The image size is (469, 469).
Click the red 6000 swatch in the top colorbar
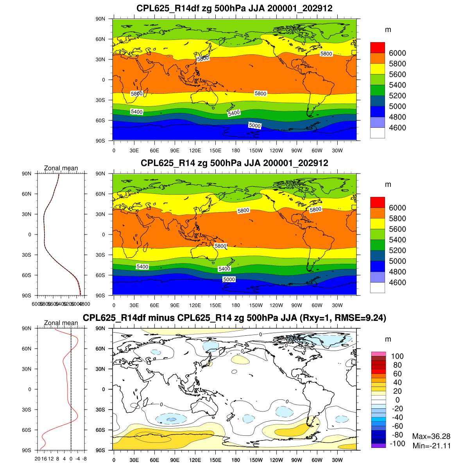(377, 47)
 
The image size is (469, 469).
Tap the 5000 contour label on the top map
(255, 125)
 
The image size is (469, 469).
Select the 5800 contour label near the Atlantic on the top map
(326, 54)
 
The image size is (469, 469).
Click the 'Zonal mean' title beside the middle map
(61, 168)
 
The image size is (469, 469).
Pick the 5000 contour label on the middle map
(229, 279)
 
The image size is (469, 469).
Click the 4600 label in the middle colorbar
(397, 283)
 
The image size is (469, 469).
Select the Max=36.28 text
(431, 436)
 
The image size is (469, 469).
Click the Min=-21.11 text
(431, 446)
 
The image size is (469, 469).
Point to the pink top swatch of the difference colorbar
(378, 354)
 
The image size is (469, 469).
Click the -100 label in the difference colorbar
(397, 444)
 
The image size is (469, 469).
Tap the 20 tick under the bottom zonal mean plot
(38, 458)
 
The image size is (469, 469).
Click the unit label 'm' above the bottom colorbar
(388, 339)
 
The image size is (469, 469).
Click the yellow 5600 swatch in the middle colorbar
(377, 229)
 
